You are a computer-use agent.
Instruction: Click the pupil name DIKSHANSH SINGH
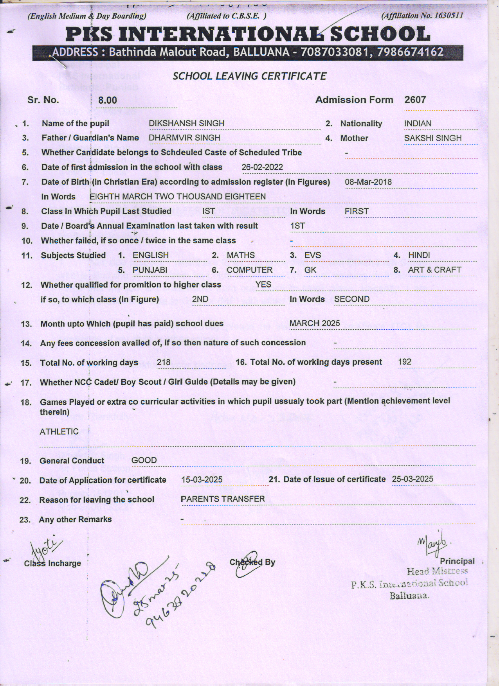[186, 123]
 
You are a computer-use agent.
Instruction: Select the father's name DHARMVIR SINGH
[184, 138]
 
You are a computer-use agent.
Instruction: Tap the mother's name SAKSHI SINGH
[432, 138]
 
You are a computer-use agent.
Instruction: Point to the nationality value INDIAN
[418, 124]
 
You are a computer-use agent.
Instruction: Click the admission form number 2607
[415, 100]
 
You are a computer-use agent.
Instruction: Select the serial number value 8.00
[108, 101]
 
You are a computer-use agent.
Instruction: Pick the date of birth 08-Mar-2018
[368, 182]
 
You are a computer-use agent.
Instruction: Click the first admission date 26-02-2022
[262, 167]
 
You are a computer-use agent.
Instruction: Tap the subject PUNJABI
[150, 270]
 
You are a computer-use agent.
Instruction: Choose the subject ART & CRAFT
[434, 270]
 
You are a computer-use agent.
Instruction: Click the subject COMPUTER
[249, 270]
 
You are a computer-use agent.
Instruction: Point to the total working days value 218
[164, 362]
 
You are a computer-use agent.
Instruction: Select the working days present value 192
[404, 362]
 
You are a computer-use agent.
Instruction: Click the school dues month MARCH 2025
[315, 323]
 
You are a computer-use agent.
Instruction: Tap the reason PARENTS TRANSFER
[223, 499]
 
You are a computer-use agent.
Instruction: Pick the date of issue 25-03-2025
[413, 479]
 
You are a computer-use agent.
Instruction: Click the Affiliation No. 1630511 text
[422, 16]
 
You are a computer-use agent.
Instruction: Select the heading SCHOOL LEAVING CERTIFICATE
[249, 76]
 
